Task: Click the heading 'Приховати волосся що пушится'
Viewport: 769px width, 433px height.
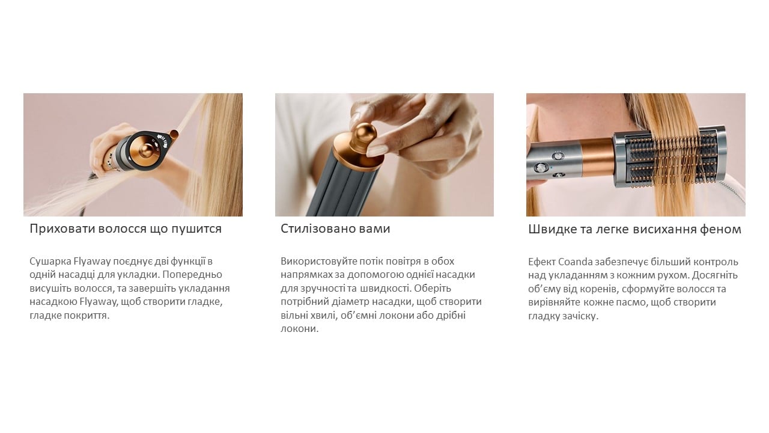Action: point(126,229)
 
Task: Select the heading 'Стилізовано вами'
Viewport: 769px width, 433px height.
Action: point(335,229)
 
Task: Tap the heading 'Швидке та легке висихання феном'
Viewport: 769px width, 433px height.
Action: point(635,229)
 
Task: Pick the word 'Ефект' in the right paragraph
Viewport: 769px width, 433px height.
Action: point(542,262)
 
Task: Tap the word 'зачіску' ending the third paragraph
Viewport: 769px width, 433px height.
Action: point(580,316)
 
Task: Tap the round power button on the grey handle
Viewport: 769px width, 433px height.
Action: point(540,168)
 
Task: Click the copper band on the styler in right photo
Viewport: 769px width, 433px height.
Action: point(597,157)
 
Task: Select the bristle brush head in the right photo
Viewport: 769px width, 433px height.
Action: point(670,157)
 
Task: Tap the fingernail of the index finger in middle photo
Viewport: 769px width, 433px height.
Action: point(376,150)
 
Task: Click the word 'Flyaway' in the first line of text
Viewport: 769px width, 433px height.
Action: point(93,262)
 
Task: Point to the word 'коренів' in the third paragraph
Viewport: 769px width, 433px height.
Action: point(598,289)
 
